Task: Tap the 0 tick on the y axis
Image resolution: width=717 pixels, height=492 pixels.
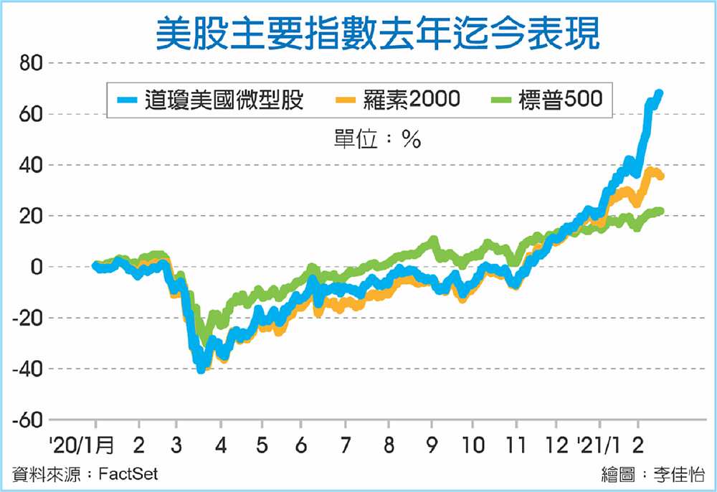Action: click(x=35, y=267)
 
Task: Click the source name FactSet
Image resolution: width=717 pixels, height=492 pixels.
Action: click(x=129, y=474)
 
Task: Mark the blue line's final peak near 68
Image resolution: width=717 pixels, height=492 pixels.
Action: click(x=659, y=93)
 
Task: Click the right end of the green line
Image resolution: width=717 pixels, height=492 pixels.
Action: click(x=660, y=211)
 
